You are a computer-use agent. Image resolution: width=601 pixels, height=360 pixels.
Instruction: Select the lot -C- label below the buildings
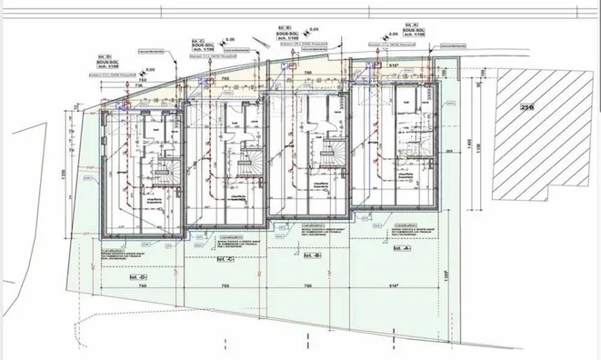[x=225, y=259]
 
